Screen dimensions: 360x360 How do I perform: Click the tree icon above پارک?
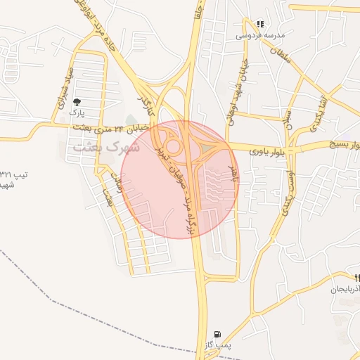click(76, 103)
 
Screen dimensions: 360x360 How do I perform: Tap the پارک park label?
click(77, 112)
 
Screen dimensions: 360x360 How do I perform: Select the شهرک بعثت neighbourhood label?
click(106, 148)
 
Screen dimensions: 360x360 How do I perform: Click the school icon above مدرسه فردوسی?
click(260, 24)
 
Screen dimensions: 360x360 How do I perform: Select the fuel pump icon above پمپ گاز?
click(216, 333)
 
